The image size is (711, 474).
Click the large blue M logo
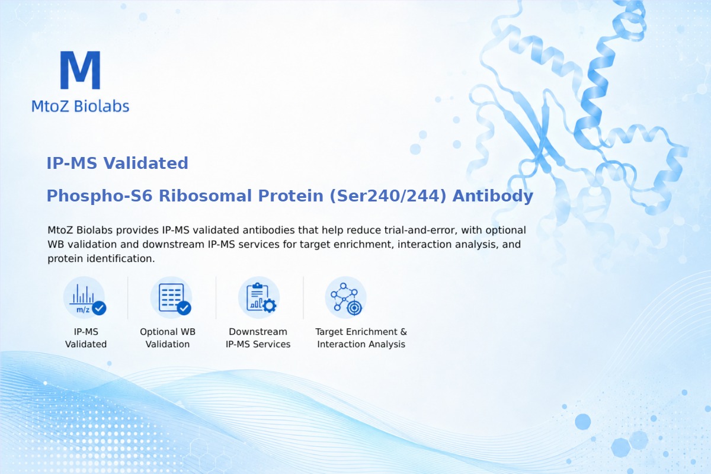tap(81, 70)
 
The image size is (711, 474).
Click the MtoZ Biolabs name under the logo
tap(81, 106)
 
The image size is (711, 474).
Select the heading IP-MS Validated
tap(117, 163)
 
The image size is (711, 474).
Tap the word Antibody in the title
tap(492, 196)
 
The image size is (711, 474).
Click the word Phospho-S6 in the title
tap(100, 196)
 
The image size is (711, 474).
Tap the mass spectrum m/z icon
tap(84, 297)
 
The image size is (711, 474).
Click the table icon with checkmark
tap(171, 297)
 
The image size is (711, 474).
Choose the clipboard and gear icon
tap(259, 297)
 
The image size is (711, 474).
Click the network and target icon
tap(346, 297)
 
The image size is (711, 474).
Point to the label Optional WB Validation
tap(168, 338)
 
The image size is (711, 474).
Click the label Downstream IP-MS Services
tap(258, 338)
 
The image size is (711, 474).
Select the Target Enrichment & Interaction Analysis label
tap(361, 338)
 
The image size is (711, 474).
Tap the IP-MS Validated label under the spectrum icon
tap(86, 338)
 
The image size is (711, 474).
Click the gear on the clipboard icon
tap(269, 306)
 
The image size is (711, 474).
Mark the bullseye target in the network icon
tap(354, 308)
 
